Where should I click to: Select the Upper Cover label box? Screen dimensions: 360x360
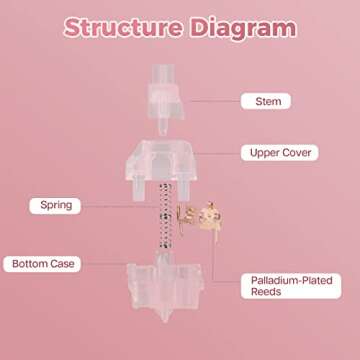tap(279, 153)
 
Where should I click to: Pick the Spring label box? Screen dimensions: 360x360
tap(56, 205)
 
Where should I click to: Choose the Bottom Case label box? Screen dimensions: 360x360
tap(43, 264)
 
